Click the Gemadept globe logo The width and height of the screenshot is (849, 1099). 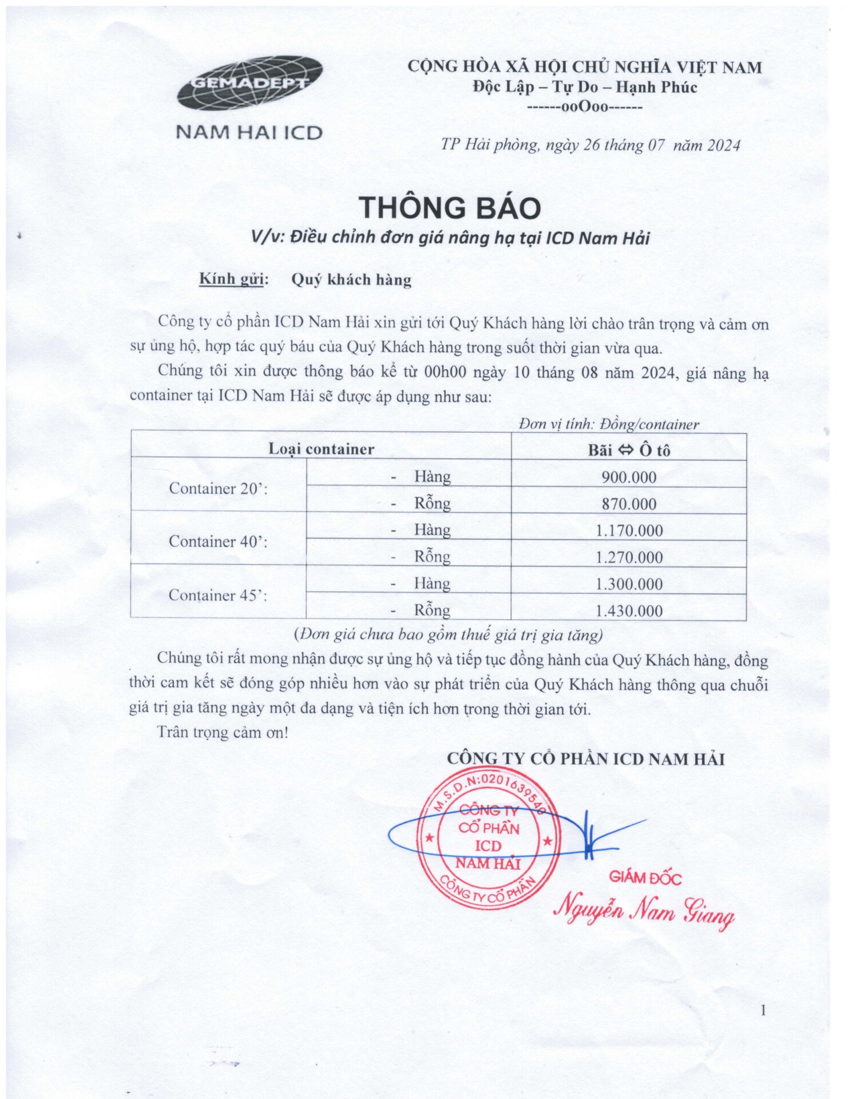(x=249, y=84)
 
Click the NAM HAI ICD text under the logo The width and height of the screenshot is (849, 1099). (x=249, y=133)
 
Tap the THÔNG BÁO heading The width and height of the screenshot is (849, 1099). (x=450, y=207)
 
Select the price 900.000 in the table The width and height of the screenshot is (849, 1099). (x=629, y=477)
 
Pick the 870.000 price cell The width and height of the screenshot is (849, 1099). (x=629, y=504)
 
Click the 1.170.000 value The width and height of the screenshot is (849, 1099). (x=629, y=531)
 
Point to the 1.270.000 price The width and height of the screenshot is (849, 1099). (x=629, y=558)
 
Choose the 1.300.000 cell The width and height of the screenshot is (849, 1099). (x=629, y=584)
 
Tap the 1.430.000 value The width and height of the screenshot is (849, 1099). (x=629, y=611)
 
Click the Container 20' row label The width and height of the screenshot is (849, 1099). (x=219, y=489)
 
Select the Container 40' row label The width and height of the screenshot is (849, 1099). (x=219, y=541)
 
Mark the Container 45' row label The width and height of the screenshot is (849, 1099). (x=219, y=595)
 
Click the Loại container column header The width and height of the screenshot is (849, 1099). (x=322, y=449)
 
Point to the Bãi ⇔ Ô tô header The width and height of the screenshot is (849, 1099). (x=629, y=450)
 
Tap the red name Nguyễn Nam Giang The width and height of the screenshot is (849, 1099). (x=645, y=910)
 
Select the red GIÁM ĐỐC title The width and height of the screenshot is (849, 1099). (x=645, y=877)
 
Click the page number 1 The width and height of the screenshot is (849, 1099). (x=763, y=1010)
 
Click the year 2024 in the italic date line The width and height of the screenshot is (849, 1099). (x=723, y=145)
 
